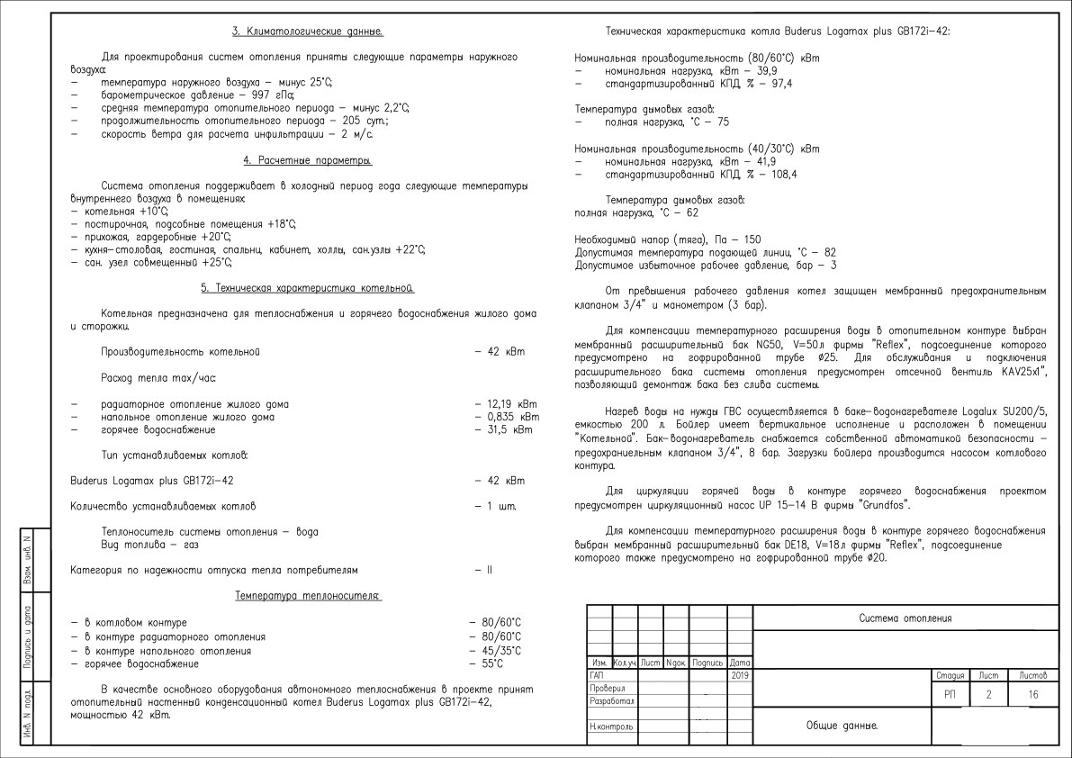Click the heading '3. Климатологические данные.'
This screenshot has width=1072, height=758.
click(308, 32)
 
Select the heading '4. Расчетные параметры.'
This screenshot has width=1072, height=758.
click(308, 160)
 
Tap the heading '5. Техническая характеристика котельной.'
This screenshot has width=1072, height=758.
click(308, 288)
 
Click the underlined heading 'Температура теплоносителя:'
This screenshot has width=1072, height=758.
click(308, 596)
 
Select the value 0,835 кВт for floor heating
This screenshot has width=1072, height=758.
click(506, 417)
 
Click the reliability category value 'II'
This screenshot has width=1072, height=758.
click(490, 570)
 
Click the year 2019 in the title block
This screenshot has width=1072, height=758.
click(740, 674)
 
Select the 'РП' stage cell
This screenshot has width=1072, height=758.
click(950, 694)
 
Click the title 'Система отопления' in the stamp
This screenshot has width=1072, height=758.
click(905, 618)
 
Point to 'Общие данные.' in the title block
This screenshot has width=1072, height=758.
click(842, 725)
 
